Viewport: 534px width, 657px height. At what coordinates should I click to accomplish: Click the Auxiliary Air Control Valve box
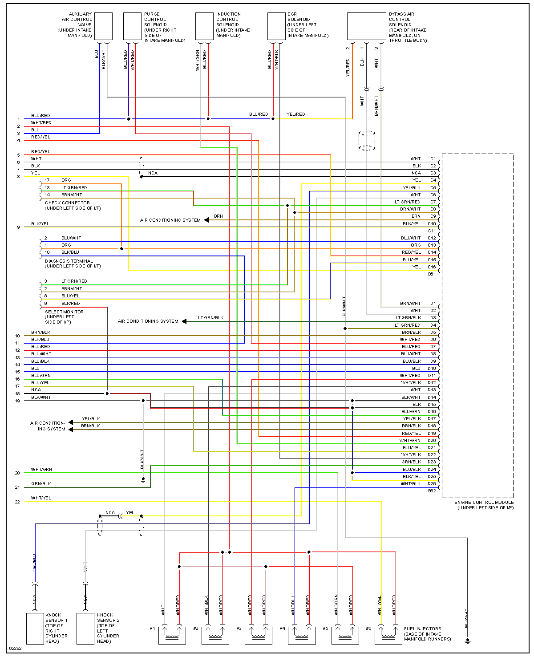[103, 26]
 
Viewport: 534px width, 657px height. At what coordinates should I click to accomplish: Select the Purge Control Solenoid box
[132, 26]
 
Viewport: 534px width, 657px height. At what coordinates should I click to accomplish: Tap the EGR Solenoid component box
[276, 26]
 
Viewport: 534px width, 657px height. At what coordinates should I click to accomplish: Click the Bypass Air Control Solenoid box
[366, 26]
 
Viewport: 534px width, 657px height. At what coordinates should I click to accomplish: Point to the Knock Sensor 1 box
[35, 629]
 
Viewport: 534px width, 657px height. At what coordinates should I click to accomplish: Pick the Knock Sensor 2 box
[85, 629]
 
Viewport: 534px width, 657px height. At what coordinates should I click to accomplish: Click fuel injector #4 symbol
[302, 635]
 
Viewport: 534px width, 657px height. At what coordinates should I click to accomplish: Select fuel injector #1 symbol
[172, 635]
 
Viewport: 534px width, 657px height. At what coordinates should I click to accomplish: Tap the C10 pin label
[432, 224]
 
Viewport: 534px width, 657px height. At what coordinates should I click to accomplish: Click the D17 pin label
[432, 419]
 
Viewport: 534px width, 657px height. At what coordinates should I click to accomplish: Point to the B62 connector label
[432, 491]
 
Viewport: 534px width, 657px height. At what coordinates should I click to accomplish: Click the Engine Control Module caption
[484, 505]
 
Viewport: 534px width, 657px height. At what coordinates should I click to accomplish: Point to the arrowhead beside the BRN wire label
[206, 220]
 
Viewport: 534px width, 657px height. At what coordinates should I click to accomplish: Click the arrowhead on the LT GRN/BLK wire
[184, 321]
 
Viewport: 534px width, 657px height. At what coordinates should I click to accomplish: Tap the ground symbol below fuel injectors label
[467, 641]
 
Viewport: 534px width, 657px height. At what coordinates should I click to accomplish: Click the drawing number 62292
[15, 648]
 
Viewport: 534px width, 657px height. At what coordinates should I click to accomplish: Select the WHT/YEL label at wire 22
[41, 498]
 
